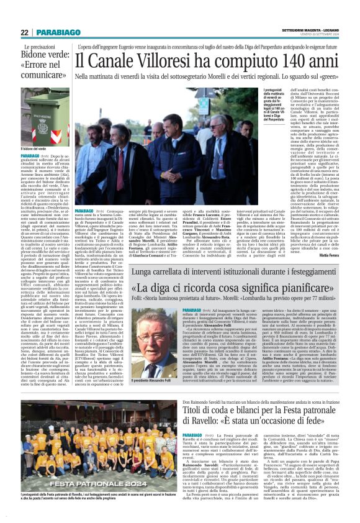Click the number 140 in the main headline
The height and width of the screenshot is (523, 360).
pos(297,61)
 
